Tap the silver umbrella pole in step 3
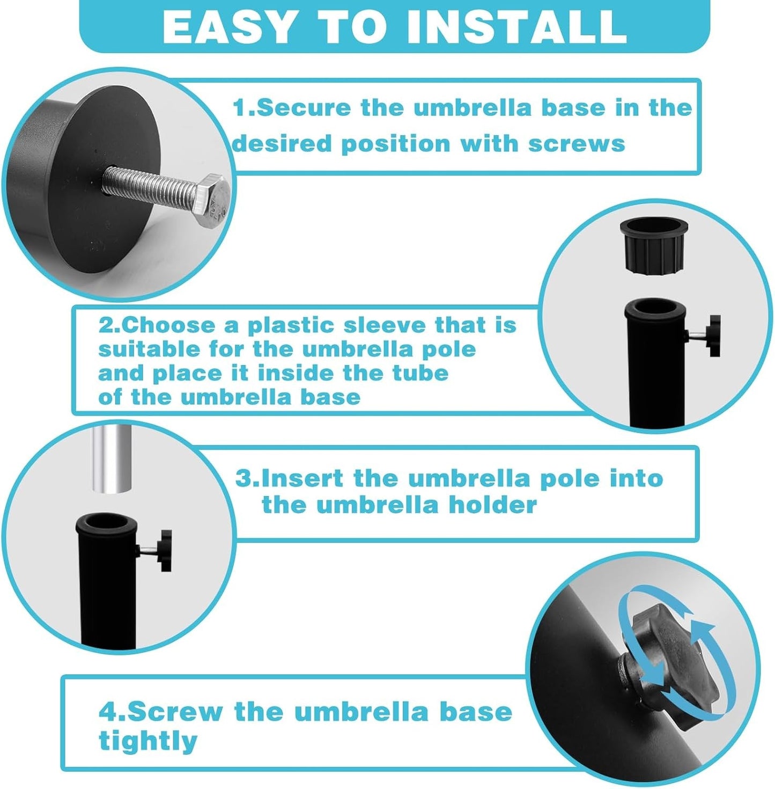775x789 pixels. (111, 458)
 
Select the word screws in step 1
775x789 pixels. (577, 144)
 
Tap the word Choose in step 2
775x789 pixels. (168, 325)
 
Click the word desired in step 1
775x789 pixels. (282, 144)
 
